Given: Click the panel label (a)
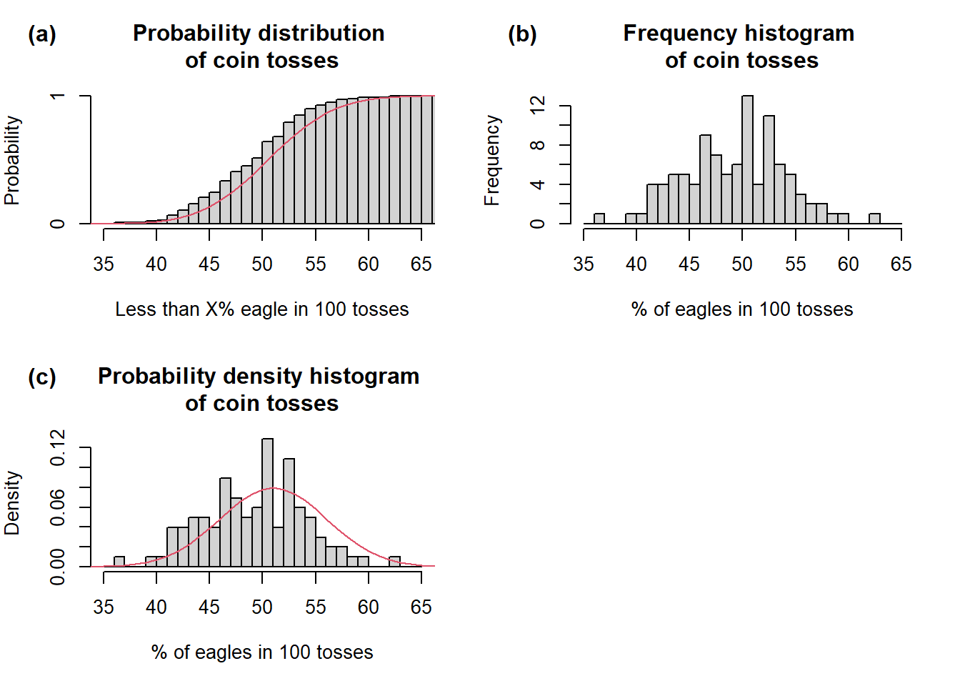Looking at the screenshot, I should tap(41, 34).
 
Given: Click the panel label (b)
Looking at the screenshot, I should tap(522, 34).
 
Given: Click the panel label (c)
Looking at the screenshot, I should tap(41, 377).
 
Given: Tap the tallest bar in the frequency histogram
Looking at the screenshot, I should tap(747, 160).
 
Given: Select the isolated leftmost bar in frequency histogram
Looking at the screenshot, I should tap(599, 219).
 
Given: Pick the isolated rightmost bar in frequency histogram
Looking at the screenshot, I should tap(874, 219).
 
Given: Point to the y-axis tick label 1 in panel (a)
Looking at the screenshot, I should tap(58, 96).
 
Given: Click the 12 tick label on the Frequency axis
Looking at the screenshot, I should tap(538, 106).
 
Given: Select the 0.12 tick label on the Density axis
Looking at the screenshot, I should tap(58, 447).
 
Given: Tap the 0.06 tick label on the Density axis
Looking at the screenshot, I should tap(58, 507).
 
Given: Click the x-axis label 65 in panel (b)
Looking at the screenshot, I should tap(901, 264).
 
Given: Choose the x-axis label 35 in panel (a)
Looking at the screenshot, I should tap(104, 264).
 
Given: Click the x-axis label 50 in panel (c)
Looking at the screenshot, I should tap(262, 607).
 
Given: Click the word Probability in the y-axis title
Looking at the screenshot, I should tap(12, 160).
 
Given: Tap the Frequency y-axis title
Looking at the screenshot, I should tap(492, 160).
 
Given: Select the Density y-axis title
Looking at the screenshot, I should tap(12, 503).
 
